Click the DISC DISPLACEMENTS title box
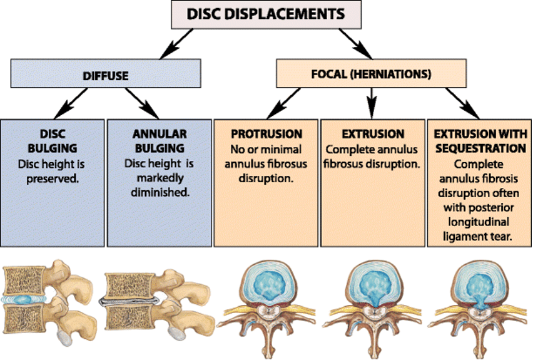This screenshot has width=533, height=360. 266,13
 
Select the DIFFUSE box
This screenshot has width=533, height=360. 106,75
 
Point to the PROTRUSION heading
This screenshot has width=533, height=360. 266,134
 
